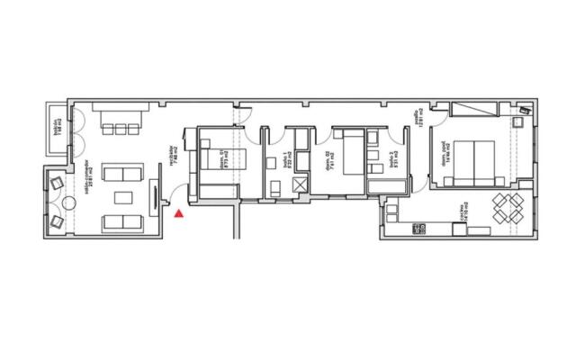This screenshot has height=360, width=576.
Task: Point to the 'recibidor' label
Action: pos(173,158)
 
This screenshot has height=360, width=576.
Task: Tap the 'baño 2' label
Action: pos(393,162)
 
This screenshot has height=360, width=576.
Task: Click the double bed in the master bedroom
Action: pos(474,162)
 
